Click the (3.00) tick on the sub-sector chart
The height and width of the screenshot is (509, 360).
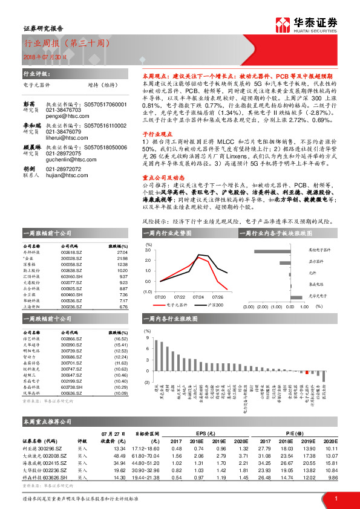pyautogui.click(x=249, y=306)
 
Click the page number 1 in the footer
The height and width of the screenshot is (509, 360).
pyautogui.click(x=335, y=498)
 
